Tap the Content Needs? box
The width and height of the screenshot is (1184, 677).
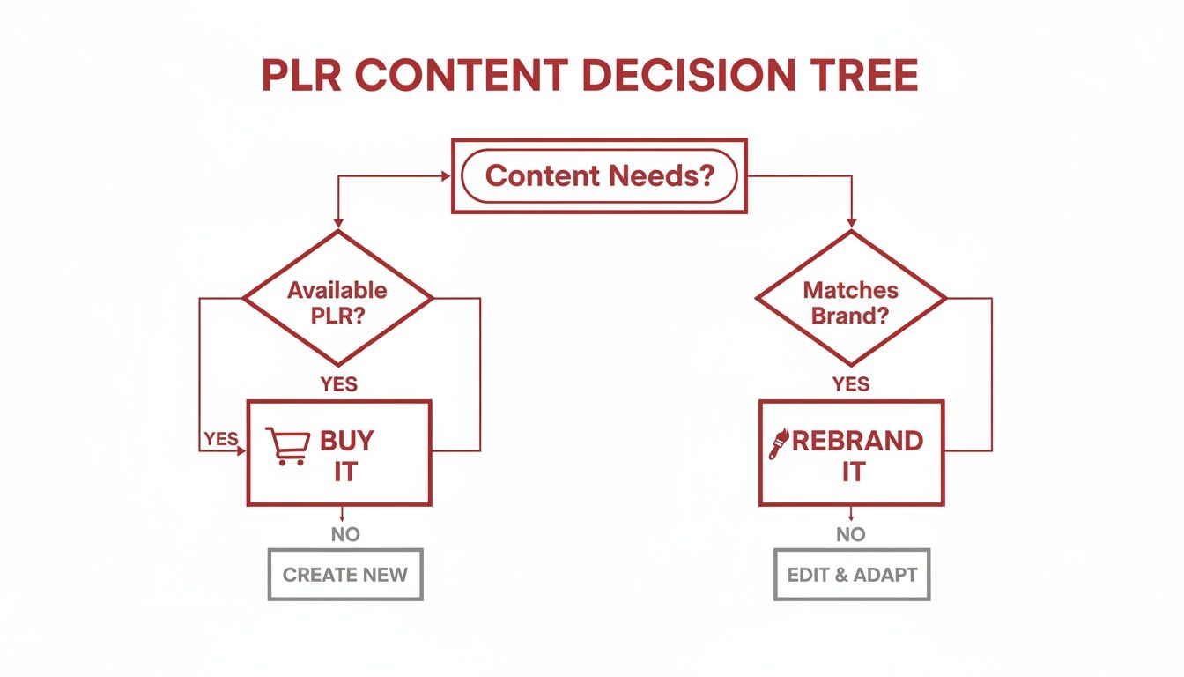click(x=599, y=175)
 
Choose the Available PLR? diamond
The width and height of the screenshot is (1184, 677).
click(x=337, y=300)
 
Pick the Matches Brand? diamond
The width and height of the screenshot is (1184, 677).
click(x=851, y=300)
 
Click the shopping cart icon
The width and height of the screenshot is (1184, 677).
click(x=287, y=447)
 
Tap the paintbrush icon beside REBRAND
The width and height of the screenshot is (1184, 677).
click(x=780, y=443)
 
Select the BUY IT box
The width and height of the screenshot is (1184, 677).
click(x=339, y=453)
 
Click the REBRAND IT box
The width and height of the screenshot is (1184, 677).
click(x=851, y=453)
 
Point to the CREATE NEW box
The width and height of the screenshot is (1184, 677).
click(x=345, y=575)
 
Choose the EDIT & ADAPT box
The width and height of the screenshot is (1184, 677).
click(x=852, y=575)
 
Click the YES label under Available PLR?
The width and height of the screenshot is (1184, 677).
click(x=338, y=383)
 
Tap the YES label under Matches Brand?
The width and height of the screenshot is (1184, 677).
click(x=851, y=383)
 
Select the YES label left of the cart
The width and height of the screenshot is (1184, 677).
click(x=220, y=438)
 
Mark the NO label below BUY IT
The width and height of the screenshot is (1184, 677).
click(x=345, y=533)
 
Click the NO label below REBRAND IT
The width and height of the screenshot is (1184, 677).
click(x=851, y=533)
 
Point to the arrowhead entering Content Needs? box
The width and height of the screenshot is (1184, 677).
click(x=446, y=176)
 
